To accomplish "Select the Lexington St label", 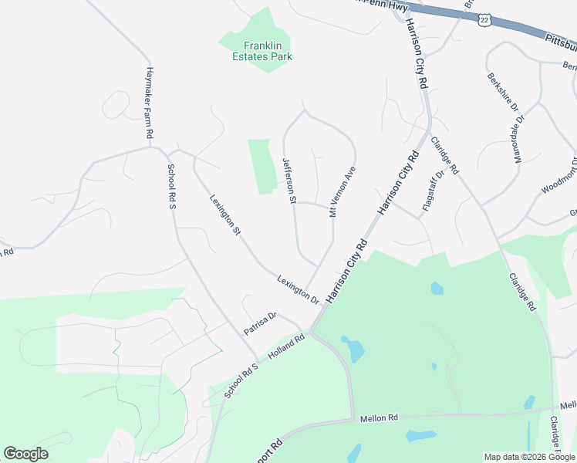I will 226,215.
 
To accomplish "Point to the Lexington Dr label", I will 299,289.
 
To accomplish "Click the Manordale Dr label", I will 518,139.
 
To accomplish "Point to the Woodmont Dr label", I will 558,181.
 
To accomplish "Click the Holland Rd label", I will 287,348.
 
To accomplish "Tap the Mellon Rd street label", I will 378,417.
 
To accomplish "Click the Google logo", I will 25,454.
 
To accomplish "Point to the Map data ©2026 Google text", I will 528,457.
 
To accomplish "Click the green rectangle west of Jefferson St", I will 261,166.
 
